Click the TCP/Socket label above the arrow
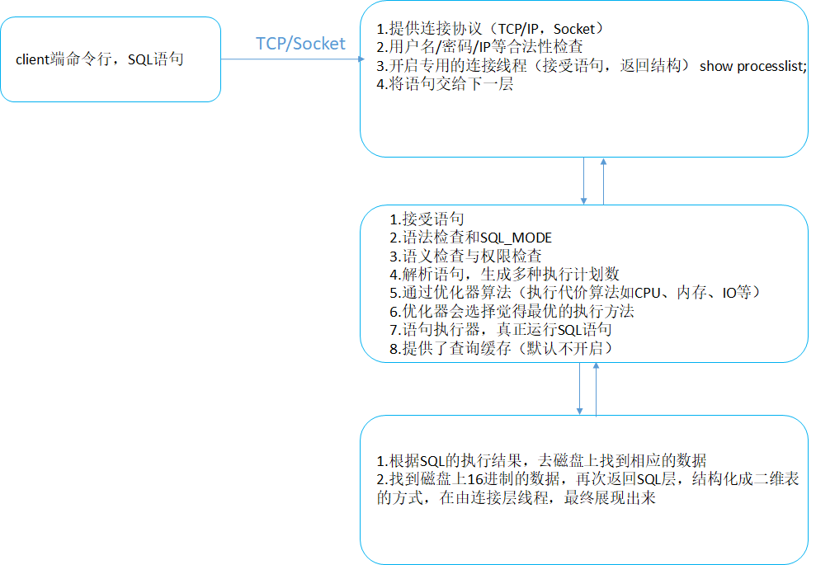(300, 44)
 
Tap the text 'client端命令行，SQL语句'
(100, 60)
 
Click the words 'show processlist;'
(752, 66)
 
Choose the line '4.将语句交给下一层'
(446, 84)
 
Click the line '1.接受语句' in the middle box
(427, 219)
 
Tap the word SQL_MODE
(515, 238)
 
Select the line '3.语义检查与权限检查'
(465, 257)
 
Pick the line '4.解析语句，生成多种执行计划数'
(504, 275)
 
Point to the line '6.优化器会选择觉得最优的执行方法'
(512, 312)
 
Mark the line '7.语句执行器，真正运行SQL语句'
(501, 330)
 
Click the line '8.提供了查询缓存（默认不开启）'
(502, 348)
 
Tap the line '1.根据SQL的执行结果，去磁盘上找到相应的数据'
(541, 461)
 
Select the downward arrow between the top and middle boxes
(584, 181)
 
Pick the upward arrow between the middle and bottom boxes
(595, 388)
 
